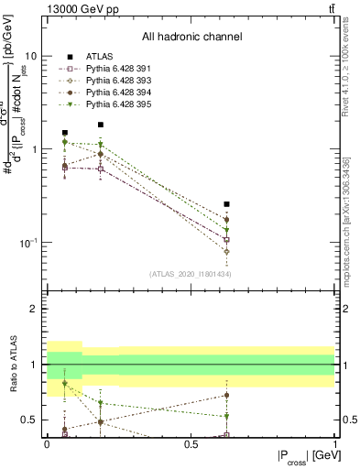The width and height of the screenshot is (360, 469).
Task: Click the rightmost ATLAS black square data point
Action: coord(226,204)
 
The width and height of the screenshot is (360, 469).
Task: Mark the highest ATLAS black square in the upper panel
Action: coord(101,125)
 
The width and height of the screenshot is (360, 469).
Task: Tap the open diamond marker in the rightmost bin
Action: coord(226,251)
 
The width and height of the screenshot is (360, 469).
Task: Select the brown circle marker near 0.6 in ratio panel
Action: coord(226,396)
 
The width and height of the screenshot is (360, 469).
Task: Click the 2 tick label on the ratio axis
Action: coord(31,309)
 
